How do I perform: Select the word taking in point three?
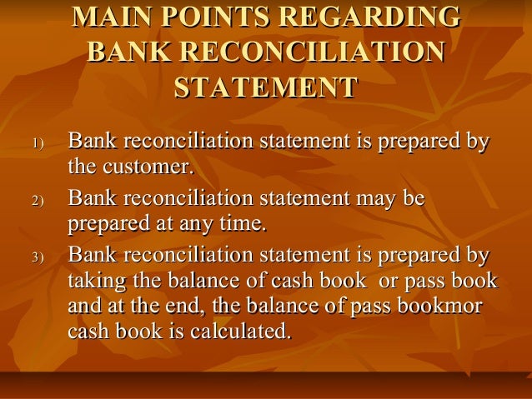pyautogui.click(x=92, y=281)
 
